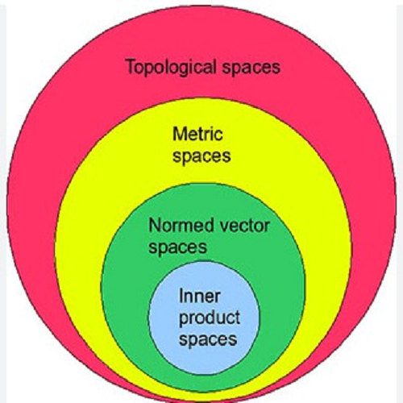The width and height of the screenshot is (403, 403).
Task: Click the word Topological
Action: pos(171,68)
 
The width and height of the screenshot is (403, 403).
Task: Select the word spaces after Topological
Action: pos(251,69)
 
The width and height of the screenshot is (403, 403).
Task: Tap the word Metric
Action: pos(197,134)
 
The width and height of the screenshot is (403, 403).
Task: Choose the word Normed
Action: pos(181,225)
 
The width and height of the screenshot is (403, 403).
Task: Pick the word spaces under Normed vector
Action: pos(178,247)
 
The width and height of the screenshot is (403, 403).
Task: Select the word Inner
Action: pos(199,296)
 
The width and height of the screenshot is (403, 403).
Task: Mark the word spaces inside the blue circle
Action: pos(208,339)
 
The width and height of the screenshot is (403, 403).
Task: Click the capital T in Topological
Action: pos(131,66)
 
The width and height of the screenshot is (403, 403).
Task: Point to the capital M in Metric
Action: pos(179,134)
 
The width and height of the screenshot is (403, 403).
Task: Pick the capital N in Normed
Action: pos(155,225)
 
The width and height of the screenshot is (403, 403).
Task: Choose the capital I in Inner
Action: pos(181,296)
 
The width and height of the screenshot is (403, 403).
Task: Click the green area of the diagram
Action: pos(129,296)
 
